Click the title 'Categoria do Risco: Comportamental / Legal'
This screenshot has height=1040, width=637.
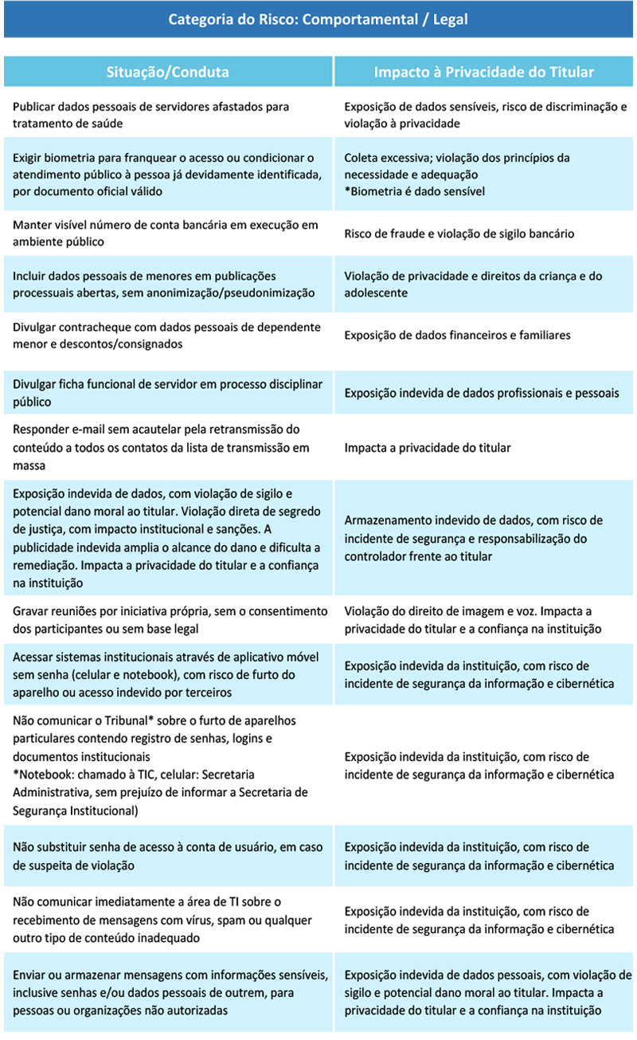[318, 19]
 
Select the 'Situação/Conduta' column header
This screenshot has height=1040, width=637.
[168, 72]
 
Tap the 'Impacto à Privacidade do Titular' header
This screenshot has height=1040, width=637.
[484, 72]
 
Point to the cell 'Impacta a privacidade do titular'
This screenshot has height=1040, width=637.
[428, 448]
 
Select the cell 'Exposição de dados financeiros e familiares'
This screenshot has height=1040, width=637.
[457, 336]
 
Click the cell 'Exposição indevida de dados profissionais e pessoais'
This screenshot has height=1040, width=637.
[481, 393]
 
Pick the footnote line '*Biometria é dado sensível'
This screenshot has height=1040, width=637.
[414, 191]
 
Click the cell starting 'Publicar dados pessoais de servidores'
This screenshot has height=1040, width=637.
[151, 115]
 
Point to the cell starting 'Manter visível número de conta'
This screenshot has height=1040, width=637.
[159, 234]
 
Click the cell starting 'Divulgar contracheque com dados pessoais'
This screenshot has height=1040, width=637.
[166, 336]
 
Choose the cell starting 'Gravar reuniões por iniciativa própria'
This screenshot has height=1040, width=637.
[170, 620]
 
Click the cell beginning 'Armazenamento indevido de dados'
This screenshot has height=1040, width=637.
[473, 538]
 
